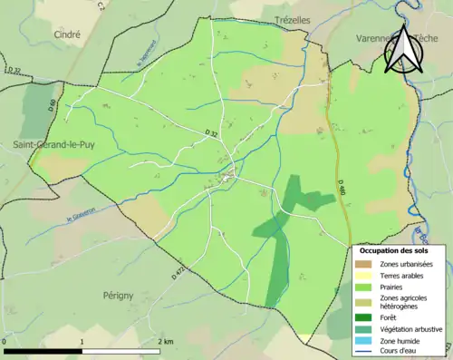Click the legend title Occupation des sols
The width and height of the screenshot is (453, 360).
click(x=395, y=250)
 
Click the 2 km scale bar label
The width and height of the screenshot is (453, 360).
click(x=166, y=341)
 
